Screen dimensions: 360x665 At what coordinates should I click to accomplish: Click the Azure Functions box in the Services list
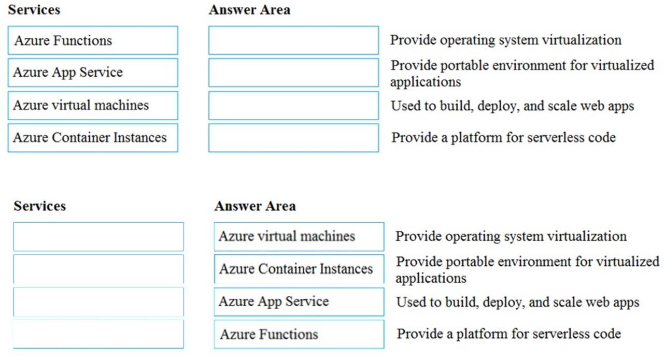93,40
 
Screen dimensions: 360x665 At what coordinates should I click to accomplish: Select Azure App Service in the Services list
93,73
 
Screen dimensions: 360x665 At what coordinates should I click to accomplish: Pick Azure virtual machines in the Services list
93,105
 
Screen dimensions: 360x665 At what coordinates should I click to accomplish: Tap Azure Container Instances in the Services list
93,138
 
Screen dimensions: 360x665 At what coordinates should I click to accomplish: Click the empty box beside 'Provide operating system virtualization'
293,40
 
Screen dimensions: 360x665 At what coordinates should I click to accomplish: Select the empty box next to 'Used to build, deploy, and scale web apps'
293,106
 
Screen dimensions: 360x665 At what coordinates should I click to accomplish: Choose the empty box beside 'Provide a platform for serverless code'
293,138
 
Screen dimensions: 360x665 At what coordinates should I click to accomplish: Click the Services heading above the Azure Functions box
34,10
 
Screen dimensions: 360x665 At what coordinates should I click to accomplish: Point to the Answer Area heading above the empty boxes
249,10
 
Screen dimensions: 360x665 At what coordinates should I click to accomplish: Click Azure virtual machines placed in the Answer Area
299,237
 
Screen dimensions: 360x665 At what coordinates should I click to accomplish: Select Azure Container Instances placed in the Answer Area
299,269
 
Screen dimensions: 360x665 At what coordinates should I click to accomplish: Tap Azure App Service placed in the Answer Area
299,301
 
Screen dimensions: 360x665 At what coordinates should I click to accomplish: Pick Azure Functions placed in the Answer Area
299,334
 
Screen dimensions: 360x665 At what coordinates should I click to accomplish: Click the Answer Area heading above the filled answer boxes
255,206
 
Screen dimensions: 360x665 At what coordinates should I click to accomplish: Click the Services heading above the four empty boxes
40,206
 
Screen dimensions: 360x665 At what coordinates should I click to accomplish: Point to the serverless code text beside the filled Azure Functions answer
508,334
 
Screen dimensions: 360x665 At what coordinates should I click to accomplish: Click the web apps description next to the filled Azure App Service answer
517,301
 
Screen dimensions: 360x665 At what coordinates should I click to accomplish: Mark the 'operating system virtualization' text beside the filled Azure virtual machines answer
511,236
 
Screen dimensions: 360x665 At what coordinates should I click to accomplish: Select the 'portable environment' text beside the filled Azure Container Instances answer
527,269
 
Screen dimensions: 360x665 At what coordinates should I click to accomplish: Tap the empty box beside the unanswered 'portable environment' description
293,73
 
